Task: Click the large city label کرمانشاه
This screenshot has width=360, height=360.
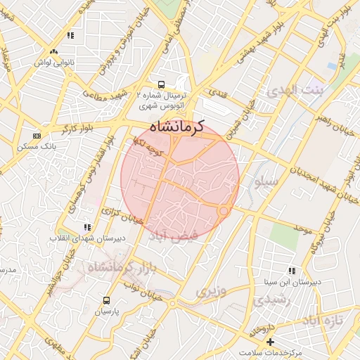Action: coord(176,127)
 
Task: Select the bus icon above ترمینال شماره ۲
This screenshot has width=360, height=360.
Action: coord(162,83)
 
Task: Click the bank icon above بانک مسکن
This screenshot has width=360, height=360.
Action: coord(37,136)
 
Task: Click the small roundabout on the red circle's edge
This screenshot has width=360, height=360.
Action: coord(224,210)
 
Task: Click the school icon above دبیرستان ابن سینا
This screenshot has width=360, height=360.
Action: coord(292,271)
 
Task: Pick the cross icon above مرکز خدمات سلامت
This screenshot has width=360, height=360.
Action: coord(271,341)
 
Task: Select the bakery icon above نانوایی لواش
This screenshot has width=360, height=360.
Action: coord(53,51)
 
